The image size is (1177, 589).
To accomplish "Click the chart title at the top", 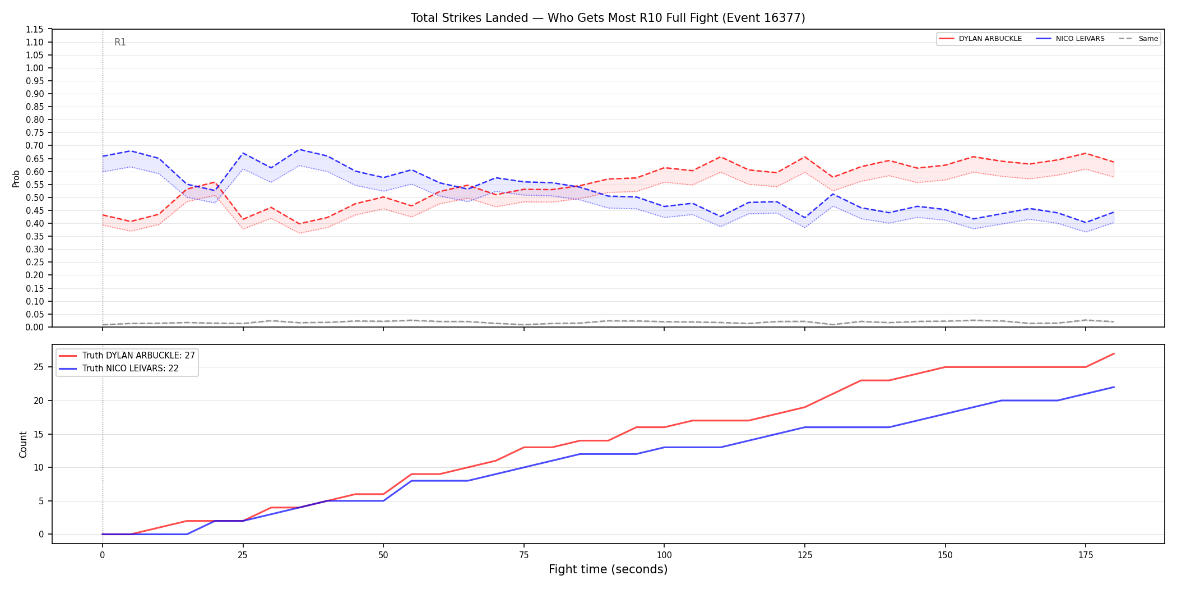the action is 608,18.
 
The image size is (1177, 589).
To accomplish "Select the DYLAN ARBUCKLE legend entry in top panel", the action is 980,39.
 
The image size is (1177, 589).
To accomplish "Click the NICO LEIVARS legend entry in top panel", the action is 1070,39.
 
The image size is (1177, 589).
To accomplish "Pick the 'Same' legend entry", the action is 1138,39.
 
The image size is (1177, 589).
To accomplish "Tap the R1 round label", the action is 120,42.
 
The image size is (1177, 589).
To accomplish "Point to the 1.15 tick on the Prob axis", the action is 35,29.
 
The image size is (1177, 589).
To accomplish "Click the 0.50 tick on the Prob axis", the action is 35,197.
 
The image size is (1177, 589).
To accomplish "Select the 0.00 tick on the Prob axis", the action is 35,327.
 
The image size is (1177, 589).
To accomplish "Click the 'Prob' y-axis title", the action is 16,178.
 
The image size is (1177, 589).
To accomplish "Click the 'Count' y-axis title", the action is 23,444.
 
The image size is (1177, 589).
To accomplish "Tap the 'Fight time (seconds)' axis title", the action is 608,569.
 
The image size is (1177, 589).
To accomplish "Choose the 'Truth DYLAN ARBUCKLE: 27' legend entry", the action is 127,356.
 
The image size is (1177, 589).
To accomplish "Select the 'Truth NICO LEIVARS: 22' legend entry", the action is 119,369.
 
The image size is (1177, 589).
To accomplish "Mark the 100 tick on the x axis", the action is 664,555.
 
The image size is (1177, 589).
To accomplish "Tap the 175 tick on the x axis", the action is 1086,555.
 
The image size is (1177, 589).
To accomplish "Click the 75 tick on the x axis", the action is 523,555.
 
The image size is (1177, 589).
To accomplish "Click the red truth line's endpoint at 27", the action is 1114,353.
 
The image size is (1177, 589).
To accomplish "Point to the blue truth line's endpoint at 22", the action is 1114,387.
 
